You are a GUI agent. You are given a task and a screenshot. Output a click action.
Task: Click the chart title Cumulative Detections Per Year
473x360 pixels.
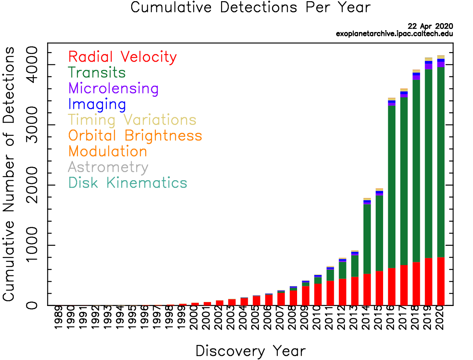(x=250, y=7)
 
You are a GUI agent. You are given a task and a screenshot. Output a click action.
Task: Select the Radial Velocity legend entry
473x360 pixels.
(x=122, y=57)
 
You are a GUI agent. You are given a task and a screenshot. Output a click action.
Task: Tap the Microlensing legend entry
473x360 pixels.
(x=113, y=88)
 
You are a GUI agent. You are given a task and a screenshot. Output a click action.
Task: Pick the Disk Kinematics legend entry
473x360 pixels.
(x=127, y=183)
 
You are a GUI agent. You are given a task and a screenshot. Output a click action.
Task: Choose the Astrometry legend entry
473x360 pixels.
(x=108, y=167)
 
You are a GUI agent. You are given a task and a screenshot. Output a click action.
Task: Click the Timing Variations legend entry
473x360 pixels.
(x=132, y=120)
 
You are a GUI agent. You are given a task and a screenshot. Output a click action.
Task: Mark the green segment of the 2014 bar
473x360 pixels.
(x=367, y=239)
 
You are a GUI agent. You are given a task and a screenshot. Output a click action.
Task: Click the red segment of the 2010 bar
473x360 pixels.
(x=318, y=295)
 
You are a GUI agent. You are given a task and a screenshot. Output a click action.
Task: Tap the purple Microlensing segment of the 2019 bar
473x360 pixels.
(x=429, y=66)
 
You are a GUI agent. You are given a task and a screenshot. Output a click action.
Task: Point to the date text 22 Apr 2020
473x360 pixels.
(x=430, y=26)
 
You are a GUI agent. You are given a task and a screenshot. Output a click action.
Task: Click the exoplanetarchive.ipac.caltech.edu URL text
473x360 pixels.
(x=394, y=34)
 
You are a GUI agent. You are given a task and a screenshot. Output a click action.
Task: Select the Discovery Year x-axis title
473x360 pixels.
(x=250, y=351)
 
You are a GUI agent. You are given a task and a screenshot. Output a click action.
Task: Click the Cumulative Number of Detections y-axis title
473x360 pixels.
(x=9, y=174)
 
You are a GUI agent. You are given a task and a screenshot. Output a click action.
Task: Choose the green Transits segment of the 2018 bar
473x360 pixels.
(x=416, y=170)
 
